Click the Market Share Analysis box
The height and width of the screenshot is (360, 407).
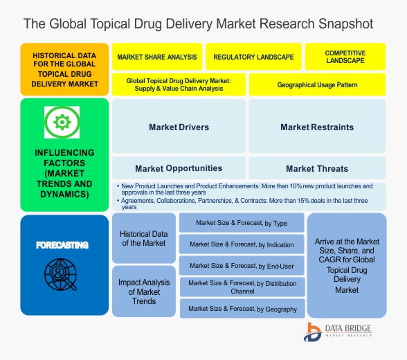click(x=157, y=57)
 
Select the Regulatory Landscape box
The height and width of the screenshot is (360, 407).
click(x=253, y=57)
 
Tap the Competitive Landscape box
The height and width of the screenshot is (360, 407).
click(x=345, y=57)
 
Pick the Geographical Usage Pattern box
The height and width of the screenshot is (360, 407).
click(x=317, y=84)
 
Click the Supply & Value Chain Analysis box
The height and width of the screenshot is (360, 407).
click(x=179, y=84)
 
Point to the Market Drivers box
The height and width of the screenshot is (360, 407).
click(x=179, y=126)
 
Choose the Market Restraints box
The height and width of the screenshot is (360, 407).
click(x=317, y=126)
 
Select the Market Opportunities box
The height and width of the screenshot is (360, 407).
click(x=179, y=168)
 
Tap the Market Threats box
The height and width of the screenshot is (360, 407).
click(x=317, y=168)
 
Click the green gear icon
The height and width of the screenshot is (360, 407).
click(x=62, y=122)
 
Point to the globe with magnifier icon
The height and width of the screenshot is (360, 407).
click(x=60, y=274)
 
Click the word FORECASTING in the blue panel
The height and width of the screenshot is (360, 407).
click(x=62, y=245)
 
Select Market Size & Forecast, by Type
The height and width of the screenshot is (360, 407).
click(x=242, y=223)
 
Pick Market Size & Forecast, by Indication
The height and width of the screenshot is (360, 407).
click(x=242, y=244)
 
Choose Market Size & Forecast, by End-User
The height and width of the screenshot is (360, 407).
click(x=242, y=266)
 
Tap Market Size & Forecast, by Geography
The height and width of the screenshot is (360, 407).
click(x=242, y=309)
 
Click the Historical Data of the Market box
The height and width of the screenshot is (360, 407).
click(x=144, y=238)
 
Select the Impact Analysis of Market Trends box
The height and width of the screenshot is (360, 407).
click(x=144, y=291)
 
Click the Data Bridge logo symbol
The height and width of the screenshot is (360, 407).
click(x=313, y=332)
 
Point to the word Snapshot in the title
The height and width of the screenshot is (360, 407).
click(x=346, y=24)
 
